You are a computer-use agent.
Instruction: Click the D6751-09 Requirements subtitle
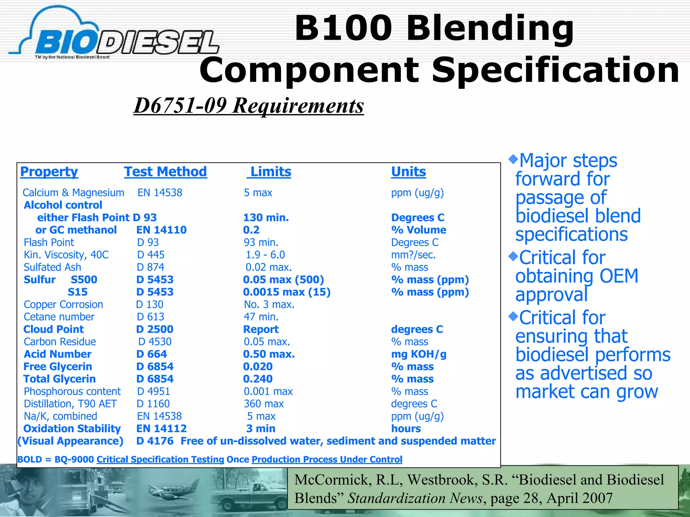point(249,105)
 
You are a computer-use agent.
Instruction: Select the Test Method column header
point(165,172)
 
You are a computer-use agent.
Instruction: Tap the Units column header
point(408,172)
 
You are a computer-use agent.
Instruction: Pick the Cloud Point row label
point(54,329)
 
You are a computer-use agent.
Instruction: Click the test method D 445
point(151,255)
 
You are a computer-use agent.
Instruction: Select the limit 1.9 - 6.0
point(265,255)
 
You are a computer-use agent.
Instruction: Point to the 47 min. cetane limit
point(261,317)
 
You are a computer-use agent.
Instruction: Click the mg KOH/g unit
point(418,354)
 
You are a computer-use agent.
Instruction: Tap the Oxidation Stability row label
point(72,428)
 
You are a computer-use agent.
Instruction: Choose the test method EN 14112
point(161,428)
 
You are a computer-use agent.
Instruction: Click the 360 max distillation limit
point(264,404)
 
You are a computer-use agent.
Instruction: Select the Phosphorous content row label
point(72,391)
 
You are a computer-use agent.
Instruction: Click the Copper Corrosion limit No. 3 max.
point(269,305)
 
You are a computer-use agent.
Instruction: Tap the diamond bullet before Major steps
point(513,159)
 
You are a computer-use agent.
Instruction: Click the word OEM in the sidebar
point(619,276)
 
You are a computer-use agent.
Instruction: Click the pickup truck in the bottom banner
point(249,496)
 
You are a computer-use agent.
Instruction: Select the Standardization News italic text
point(415,498)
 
